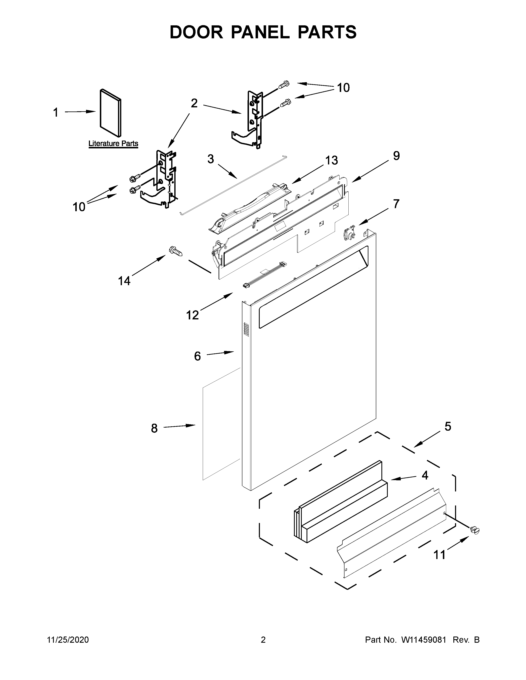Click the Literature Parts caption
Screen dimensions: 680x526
pyautogui.click(x=113, y=144)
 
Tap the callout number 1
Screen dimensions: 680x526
pyautogui.click(x=56, y=112)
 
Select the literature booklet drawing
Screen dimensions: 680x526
pyautogui.click(x=111, y=113)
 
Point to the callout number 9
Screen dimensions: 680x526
pyautogui.click(x=396, y=156)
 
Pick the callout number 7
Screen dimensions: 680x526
pyautogui.click(x=396, y=204)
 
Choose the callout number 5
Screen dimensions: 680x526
pyautogui.click(x=447, y=427)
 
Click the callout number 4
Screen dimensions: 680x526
pyautogui.click(x=425, y=475)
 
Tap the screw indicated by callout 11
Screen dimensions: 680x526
pyautogui.click(x=475, y=530)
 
